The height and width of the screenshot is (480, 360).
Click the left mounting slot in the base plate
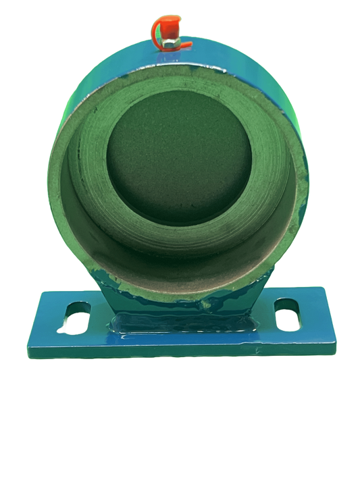click(76, 315)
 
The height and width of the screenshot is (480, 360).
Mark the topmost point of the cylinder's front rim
click(177, 70)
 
